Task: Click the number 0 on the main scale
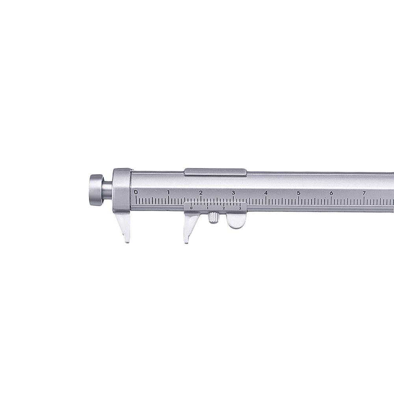136,192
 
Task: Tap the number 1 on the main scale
168,192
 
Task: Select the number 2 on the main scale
201,192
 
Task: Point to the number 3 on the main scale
233,192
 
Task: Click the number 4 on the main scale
266,193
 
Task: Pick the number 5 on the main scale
299,193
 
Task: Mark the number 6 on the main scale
331,193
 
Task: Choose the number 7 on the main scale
364,193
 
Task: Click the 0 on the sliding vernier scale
191,208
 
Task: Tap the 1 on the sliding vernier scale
208,208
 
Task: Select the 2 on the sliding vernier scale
223,208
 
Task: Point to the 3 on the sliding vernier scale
240,208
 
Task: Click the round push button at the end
94,190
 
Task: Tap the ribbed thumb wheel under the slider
213,217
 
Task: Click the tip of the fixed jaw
126,240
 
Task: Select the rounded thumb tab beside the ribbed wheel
235,222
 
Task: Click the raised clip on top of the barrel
215,171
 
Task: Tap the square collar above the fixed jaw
122,191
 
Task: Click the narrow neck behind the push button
108,190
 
